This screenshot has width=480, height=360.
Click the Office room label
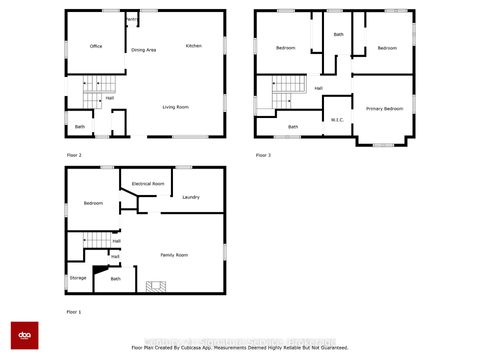coord(96,46)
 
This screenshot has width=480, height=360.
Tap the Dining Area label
coord(144,50)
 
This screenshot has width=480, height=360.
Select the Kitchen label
coord(194,46)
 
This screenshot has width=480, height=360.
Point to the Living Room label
coord(176,107)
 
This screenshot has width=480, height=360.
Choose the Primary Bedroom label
coord(384,108)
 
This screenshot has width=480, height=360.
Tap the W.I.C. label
coord(337,121)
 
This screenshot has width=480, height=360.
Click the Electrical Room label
coord(147,184)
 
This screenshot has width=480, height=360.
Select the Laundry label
coord(191,197)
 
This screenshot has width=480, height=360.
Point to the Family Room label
coord(175,255)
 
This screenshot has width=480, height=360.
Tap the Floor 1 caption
coord(74,312)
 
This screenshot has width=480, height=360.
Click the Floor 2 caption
coord(74,155)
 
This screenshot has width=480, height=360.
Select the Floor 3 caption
coord(263,155)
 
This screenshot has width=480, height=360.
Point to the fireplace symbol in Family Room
coord(153,288)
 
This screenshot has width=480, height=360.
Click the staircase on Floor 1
coord(93,240)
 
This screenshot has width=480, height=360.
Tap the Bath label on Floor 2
coord(80,127)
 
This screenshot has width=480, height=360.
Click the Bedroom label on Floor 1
coord(93,204)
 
